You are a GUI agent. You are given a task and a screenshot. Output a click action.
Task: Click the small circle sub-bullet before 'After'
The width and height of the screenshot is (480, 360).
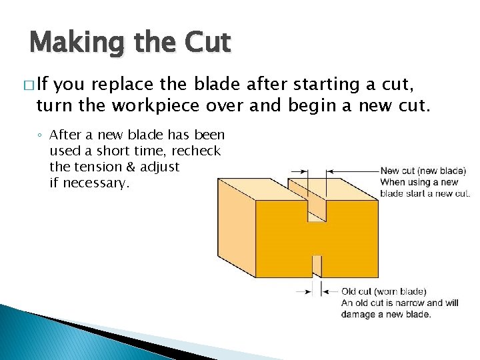click(x=41, y=136)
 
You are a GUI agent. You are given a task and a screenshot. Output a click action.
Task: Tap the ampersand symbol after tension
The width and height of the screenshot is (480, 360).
click(x=131, y=167)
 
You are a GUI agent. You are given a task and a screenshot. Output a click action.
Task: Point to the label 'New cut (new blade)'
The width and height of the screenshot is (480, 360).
click(x=423, y=171)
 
